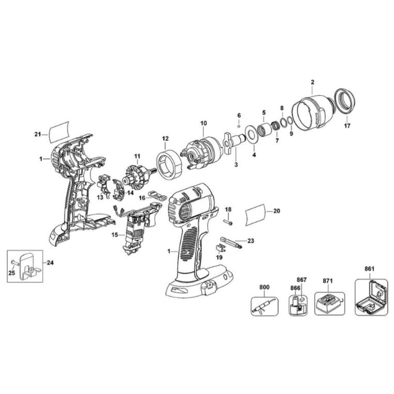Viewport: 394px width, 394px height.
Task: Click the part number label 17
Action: (x=347, y=126)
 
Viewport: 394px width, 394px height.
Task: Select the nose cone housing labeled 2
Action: (x=313, y=114)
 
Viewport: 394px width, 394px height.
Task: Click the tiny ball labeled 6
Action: (x=239, y=126)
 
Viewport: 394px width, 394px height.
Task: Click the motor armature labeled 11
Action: (x=136, y=176)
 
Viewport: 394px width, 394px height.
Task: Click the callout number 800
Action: (x=264, y=287)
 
